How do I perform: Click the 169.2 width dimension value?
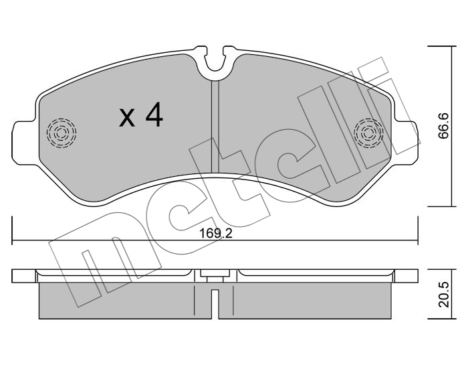point(215,234)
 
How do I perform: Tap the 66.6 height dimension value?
point(443,126)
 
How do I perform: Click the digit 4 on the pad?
point(154,115)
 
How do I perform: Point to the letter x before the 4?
point(127,118)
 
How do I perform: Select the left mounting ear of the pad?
point(25,143)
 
